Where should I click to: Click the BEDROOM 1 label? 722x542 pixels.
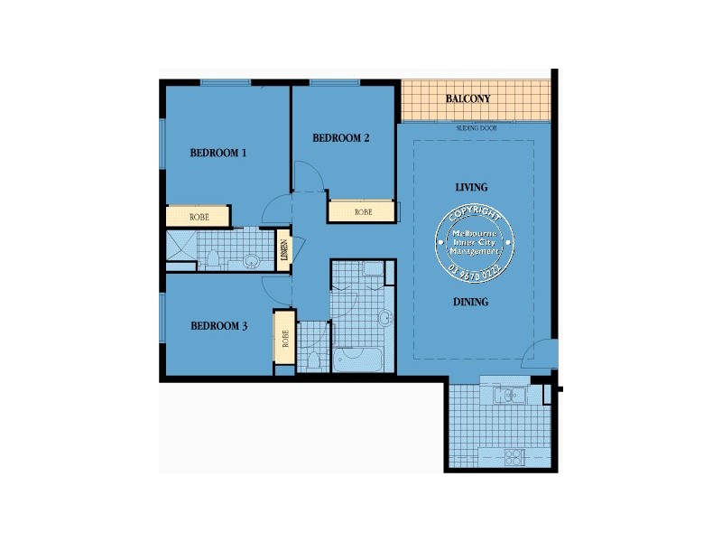tap(218, 153)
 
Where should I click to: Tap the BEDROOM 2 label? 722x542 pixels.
tap(341, 138)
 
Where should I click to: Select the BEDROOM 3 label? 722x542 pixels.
tap(218, 325)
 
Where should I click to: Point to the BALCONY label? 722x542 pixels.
tap(467, 98)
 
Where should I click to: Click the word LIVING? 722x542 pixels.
tap(471, 188)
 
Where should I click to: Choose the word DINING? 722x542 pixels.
tap(471, 302)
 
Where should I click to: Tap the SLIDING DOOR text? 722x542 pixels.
tap(477, 129)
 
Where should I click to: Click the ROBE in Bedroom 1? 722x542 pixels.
tap(199, 217)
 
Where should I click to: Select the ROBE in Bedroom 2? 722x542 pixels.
tap(363, 212)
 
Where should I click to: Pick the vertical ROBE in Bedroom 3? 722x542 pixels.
tap(285, 338)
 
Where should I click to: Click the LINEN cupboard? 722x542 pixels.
tap(284, 248)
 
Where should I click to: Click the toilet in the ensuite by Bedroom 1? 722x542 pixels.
tap(213, 260)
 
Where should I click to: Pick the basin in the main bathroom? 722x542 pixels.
tap(385, 318)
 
